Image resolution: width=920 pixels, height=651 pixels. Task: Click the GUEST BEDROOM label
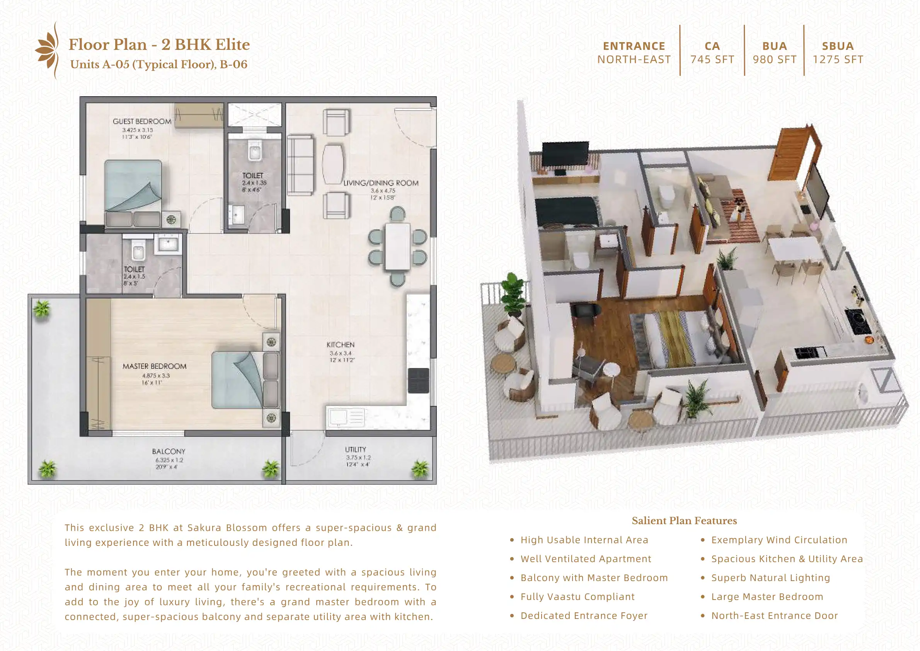pyautogui.click(x=142, y=121)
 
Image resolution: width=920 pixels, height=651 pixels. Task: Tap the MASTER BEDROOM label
pyautogui.click(x=154, y=366)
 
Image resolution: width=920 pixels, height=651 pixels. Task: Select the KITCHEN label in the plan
pyautogui.click(x=340, y=345)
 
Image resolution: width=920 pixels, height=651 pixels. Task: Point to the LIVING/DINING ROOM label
pyautogui.click(x=381, y=183)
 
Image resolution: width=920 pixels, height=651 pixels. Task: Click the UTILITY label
pyautogui.click(x=356, y=449)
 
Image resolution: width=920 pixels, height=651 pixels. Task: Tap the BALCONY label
pyautogui.click(x=169, y=452)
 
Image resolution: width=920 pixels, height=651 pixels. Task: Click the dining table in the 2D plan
pyautogui.click(x=397, y=247)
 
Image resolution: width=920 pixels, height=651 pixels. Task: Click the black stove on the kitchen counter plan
pyautogui.click(x=419, y=380)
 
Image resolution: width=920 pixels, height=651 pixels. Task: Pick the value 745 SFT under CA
pyautogui.click(x=712, y=60)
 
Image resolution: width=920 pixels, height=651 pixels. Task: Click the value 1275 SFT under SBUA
pyautogui.click(x=838, y=60)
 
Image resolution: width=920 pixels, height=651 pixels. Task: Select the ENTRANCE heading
pyautogui.click(x=634, y=46)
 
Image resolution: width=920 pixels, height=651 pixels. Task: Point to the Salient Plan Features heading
pyautogui.click(x=684, y=521)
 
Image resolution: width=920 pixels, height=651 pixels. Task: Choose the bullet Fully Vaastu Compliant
pyautogui.click(x=577, y=596)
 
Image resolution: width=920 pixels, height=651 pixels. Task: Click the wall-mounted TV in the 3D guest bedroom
pyautogui.click(x=565, y=154)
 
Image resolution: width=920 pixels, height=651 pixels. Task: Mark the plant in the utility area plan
pyautogui.click(x=420, y=468)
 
